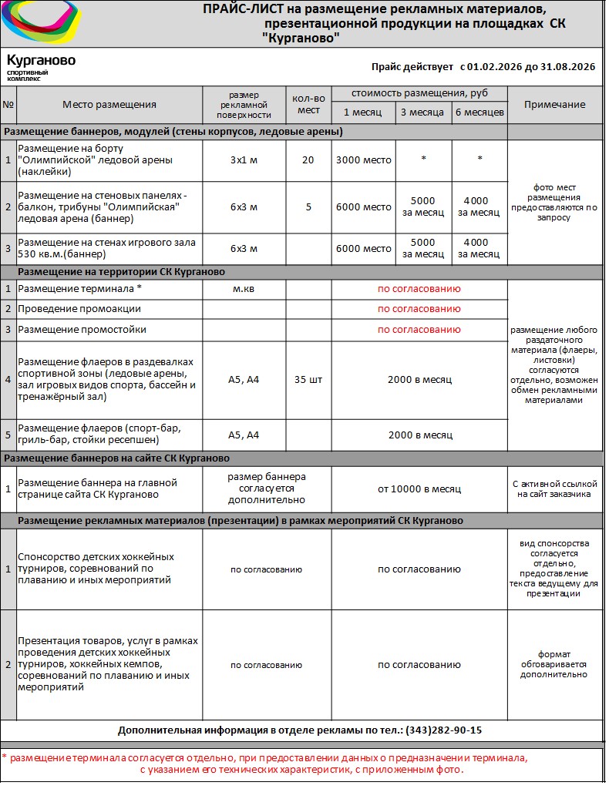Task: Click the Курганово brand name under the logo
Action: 41,60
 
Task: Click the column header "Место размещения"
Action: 109,105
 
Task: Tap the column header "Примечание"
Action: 554,105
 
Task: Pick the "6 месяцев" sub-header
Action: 479,112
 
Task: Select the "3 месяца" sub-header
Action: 422,112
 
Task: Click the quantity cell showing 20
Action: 308,160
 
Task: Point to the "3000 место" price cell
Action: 364,160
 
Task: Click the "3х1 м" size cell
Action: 244,160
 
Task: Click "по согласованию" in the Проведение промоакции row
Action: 419,309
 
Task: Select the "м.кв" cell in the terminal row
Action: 244,289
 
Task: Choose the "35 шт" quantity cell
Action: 308,380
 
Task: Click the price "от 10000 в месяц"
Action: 419,488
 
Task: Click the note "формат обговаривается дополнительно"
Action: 553,664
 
